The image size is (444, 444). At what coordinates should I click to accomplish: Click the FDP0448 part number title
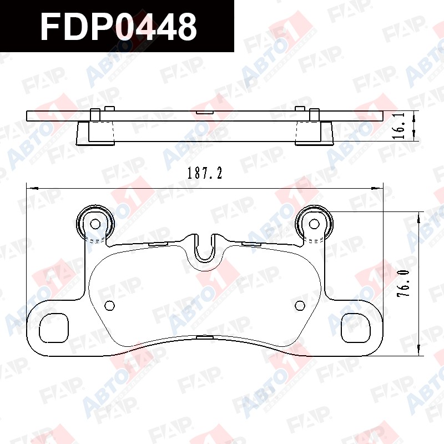point(118,27)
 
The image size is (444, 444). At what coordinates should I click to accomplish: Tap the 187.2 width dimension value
point(205,173)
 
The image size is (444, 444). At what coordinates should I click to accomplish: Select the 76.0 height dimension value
point(403,283)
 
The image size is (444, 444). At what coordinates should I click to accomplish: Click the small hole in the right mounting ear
point(314,224)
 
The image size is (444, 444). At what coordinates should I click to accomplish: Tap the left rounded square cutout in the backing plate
point(54,328)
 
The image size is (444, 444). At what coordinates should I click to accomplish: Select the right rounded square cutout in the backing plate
point(356,328)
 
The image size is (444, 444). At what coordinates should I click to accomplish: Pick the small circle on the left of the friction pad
point(109,306)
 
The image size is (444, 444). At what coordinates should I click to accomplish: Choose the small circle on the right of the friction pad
point(300,305)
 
